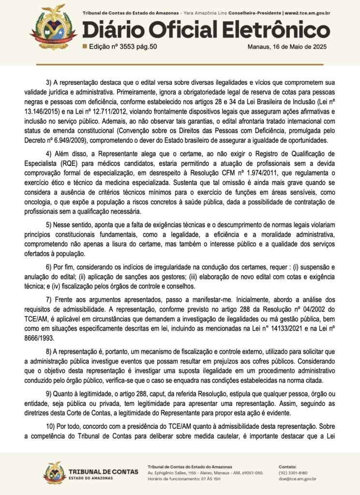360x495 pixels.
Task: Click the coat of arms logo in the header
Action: (53, 27)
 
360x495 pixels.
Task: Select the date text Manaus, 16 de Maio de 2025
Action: (287, 47)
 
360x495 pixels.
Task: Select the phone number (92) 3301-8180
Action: (293, 473)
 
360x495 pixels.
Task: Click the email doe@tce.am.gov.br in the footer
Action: (298, 479)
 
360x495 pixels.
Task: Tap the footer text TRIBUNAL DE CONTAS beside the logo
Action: (104, 471)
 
